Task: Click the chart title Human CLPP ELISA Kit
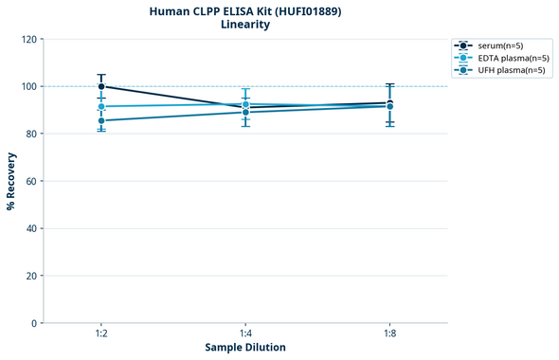pyautogui.click(x=245, y=11)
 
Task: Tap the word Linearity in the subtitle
pyautogui.click(x=245, y=26)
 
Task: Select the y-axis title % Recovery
pyautogui.click(x=11, y=181)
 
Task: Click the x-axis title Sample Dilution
pyautogui.click(x=245, y=348)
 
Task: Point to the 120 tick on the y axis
pyautogui.click(x=29, y=39)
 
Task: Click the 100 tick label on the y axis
pyautogui.click(x=29, y=86)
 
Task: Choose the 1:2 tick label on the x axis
pyautogui.click(x=101, y=333)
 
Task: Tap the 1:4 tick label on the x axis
pyautogui.click(x=245, y=333)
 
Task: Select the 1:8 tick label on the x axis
pyautogui.click(x=389, y=333)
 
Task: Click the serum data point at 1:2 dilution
pyautogui.click(x=101, y=86)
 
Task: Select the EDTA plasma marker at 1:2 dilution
pyautogui.click(x=101, y=107)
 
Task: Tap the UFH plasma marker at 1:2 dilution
pyautogui.click(x=101, y=120)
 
